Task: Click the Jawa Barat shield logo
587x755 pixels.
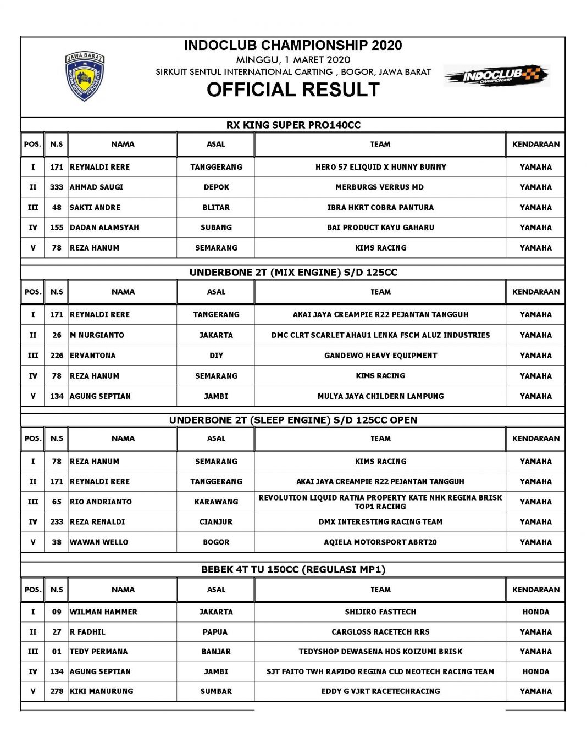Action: [x=84, y=76]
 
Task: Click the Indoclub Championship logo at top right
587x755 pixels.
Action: [x=496, y=76]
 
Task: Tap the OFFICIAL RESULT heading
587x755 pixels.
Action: [x=293, y=90]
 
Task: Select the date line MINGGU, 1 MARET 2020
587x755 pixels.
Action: [x=293, y=60]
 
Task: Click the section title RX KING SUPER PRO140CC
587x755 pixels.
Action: [x=293, y=125]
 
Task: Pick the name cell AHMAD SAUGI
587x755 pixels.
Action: [x=97, y=187]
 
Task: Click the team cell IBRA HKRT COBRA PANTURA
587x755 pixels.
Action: [x=380, y=207]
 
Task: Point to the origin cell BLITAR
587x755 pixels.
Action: [x=216, y=207]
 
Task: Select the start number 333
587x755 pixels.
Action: [x=57, y=187]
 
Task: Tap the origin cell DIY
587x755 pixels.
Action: [x=216, y=356]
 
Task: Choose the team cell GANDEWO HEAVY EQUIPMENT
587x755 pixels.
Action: [x=380, y=356]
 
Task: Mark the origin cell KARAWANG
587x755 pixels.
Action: [x=216, y=502]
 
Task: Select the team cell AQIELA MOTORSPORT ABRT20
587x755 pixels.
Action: [x=380, y=542]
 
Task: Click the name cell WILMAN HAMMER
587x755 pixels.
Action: [x=104, y=612]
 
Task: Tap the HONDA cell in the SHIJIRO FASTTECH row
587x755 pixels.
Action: [x=535, y=612]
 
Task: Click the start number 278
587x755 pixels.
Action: [x=57, y=691]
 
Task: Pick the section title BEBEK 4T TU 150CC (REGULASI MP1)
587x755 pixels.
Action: [x=293, y=569]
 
